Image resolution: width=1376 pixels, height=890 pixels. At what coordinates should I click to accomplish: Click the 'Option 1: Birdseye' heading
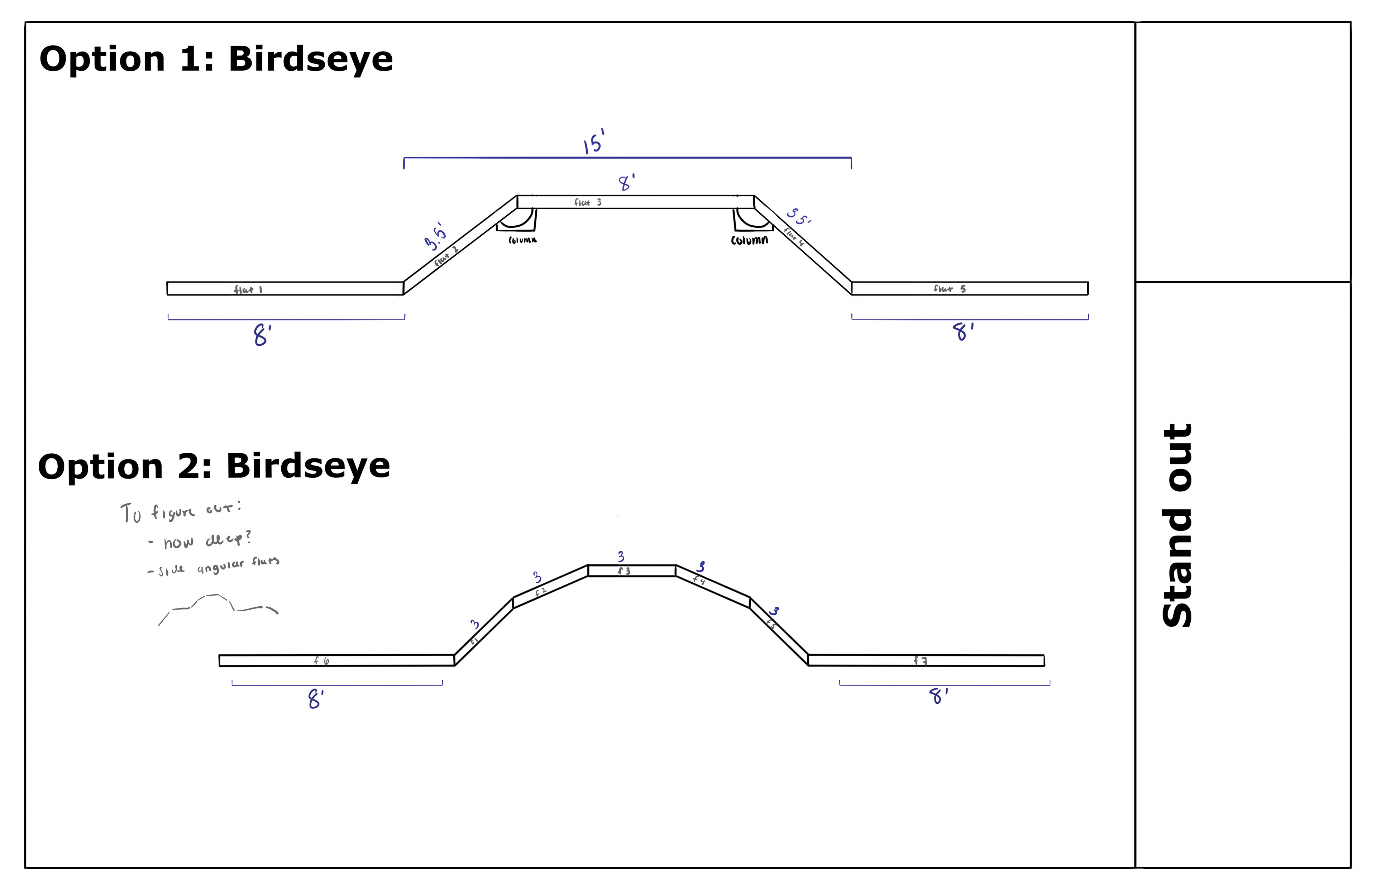coord(216,59)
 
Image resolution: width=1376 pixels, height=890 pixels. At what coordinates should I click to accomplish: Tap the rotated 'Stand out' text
coord(1177,525)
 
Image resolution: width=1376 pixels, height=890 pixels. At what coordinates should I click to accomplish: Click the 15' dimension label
coord(594,142)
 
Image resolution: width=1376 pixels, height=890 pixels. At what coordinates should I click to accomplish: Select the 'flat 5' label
coord(949,288)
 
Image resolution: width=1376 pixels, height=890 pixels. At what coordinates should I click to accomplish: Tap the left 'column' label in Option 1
coord(522,240)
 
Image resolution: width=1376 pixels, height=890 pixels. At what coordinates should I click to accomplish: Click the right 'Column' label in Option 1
coord(749,240)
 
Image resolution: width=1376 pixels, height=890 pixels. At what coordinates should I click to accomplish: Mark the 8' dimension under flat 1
coord(262,335)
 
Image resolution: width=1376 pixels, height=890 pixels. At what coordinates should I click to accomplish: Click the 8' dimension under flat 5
coord(962,332)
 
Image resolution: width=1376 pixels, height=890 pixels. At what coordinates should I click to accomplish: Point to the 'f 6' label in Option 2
coord(321,660)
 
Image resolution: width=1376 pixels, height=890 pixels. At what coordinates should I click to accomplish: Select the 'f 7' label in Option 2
coord(921,660)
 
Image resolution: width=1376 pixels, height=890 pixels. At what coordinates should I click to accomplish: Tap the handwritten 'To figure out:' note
coord(180,512)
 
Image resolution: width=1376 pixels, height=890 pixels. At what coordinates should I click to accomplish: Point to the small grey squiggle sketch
coord(219,607)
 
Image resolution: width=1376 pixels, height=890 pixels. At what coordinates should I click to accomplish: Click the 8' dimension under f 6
coord(315,699)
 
